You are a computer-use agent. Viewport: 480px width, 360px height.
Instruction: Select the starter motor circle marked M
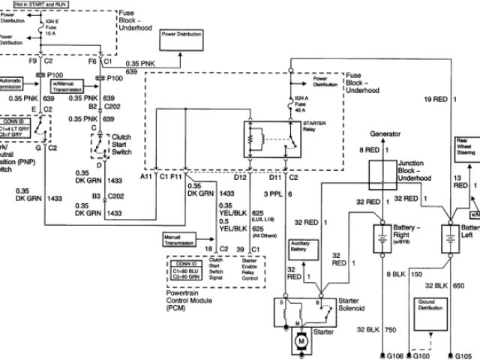(x=302, y=340)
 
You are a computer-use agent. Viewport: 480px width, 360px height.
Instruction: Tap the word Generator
(x=386, y=133)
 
